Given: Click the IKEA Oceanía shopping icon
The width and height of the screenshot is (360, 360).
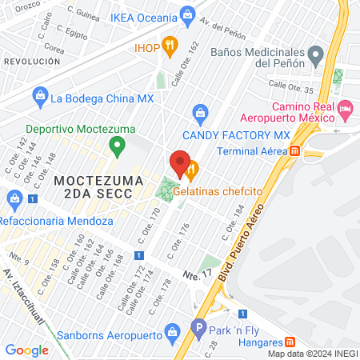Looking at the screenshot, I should (x=188, y=14).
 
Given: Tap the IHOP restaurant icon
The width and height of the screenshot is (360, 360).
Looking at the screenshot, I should (x=169, y=46).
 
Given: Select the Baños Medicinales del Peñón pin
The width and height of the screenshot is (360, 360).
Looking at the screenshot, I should (x=315, y=55).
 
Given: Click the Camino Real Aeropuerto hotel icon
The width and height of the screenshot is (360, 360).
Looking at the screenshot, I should (x=346, y=107).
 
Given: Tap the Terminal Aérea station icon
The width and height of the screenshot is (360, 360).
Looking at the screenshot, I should (x=295, y=150).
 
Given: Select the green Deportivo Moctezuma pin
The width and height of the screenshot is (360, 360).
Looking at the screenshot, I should (x=118, y=146).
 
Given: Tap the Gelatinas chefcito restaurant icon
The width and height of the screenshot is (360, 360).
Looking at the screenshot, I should (x=192, y=170).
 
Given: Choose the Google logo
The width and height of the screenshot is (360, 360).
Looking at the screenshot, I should (x=26, y=350).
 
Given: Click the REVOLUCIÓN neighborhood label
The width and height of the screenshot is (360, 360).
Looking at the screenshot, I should (x=32, y=61).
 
